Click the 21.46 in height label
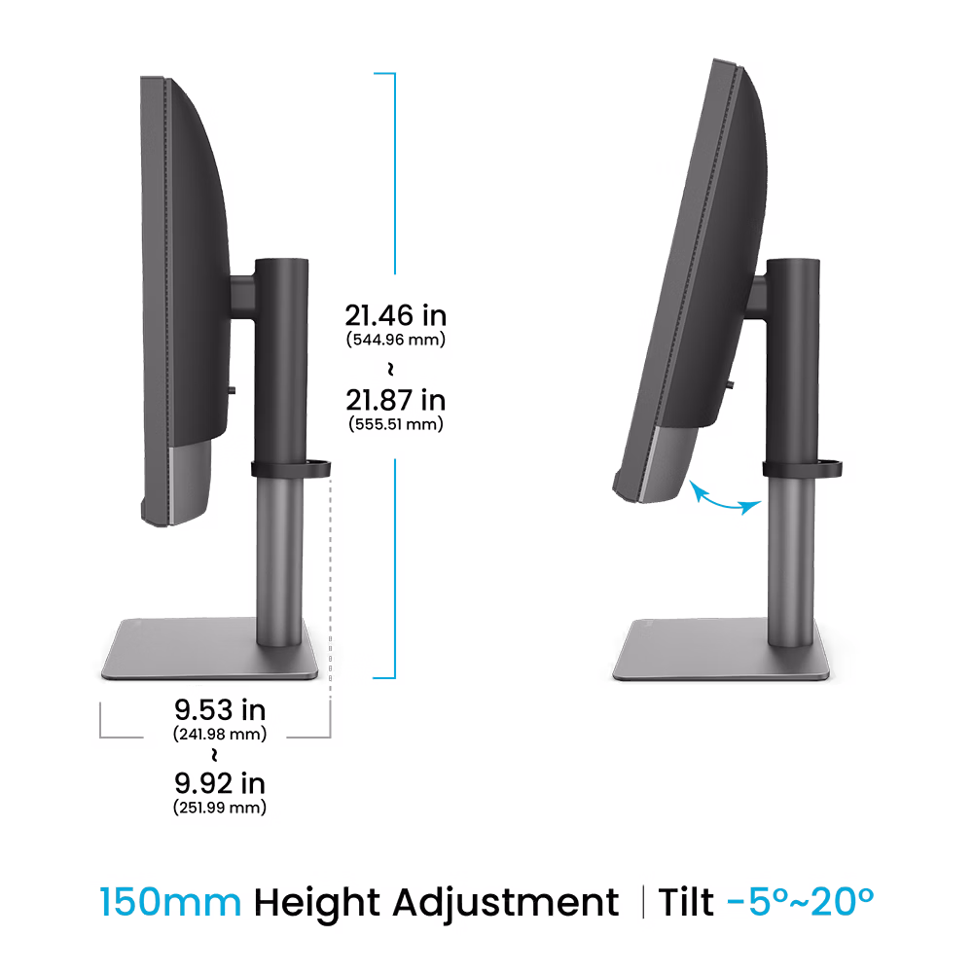click(395, 316)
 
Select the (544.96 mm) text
click(396, 340)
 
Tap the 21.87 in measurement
click(396, 400)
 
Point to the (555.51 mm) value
click(396, 424)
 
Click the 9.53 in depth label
click(220, 710)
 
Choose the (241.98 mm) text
click(220, 734)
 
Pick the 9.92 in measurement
click(220, 783)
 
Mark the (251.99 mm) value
click(220, 808)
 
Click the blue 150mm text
click(170, 902)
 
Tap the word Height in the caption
click(316, 904)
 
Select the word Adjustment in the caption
click(506, 904)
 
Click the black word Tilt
click(686, 902)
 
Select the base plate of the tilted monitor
click(721, 649)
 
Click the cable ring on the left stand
click(290, 469)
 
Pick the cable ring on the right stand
click(802, 468)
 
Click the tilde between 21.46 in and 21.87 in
click(390, 369)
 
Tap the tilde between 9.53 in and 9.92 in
click(214, 755)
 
